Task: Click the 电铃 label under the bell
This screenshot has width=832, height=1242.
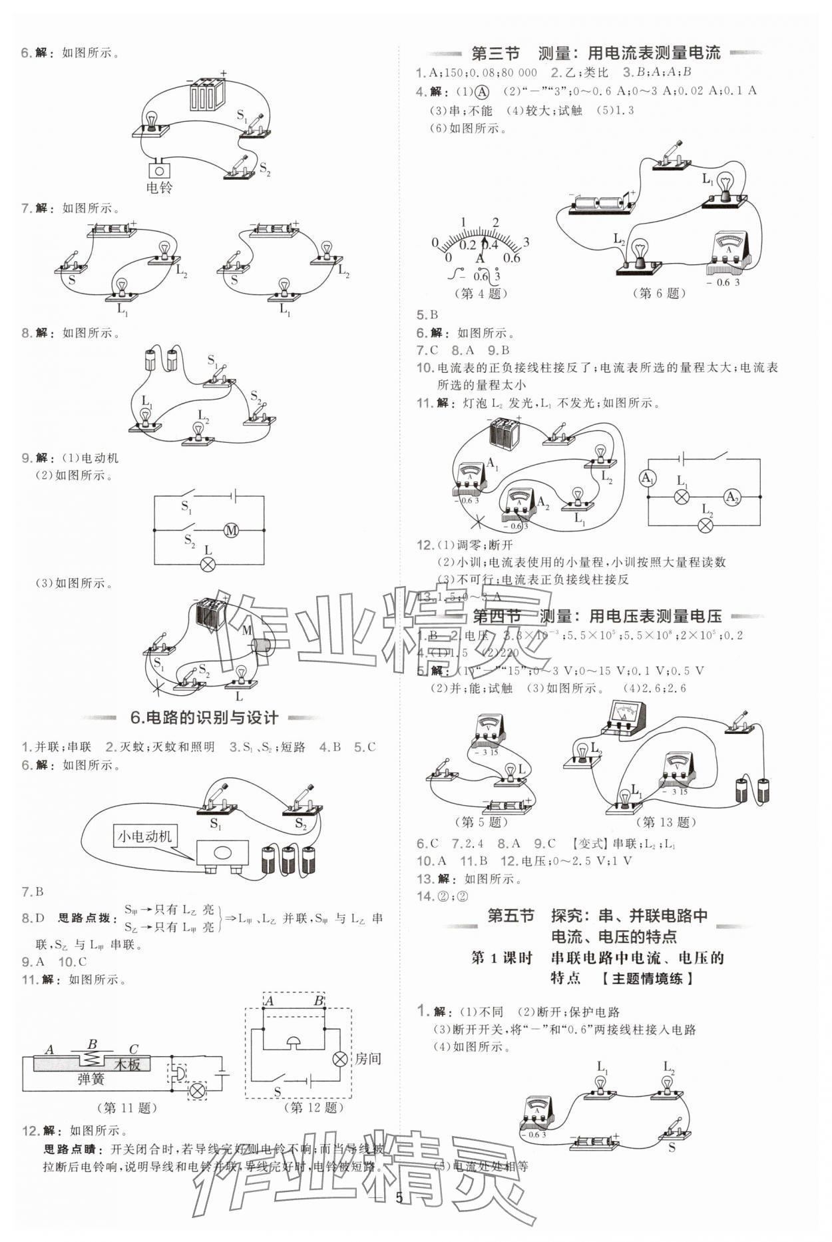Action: tap(159, 188)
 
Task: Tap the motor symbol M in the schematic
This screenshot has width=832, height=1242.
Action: tap(231, 531)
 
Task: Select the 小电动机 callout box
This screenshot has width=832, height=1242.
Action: tap(144, 836)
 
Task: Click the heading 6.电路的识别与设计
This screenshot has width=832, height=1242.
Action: tap(204, 717)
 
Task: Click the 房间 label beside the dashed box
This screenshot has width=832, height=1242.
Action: tap(367, 1058)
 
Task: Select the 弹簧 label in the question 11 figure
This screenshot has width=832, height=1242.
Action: tap(91, 1080)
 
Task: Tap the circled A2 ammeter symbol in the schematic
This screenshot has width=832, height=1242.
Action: tap(732, 497)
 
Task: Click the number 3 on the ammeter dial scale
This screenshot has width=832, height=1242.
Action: tap(526, 242)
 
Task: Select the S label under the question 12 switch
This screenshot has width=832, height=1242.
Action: tap(278, 1091)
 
